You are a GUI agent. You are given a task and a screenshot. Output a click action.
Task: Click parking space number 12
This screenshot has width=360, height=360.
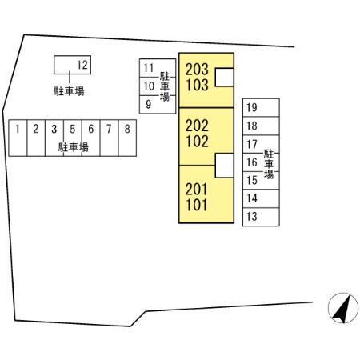tap(72, 65)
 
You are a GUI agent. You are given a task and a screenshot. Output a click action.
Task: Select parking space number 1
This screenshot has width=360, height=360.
tap(18, 138)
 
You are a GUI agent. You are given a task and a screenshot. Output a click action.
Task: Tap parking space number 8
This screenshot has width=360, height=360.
tap(127, 138)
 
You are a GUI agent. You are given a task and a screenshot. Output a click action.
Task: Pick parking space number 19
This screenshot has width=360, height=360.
tap(261, 107)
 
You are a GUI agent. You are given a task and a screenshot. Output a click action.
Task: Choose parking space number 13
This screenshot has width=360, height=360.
tap(261, 217)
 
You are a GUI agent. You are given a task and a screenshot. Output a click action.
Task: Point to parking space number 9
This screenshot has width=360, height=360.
tap(158, 104)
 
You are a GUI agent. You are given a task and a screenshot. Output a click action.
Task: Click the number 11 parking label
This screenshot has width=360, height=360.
tap(149, 68)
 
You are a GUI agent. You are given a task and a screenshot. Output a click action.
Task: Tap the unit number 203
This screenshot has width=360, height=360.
tap(197, 70)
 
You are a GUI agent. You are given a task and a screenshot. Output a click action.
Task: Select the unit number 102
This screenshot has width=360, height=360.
tap(197, 142)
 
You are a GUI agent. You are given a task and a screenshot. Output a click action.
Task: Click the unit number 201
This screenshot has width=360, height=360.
tap(196, 190)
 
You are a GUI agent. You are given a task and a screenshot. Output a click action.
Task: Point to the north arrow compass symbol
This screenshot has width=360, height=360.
tap(343, 308)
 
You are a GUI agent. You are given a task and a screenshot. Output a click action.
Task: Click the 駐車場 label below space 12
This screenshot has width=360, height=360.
tap(69, 91)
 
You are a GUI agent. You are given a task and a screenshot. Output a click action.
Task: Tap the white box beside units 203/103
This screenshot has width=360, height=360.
tap(225, 78)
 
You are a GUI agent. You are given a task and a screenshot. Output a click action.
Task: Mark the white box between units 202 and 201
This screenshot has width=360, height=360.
tap(225, 166)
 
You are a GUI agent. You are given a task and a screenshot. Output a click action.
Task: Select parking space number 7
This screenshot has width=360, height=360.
tap(109, 138)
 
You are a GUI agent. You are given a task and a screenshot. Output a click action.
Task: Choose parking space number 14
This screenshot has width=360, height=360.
tap(261, 198)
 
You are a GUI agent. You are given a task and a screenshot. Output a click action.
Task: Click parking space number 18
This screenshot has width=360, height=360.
tap(261, 126)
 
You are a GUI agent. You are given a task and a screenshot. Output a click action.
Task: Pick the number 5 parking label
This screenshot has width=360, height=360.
tap(73, 129)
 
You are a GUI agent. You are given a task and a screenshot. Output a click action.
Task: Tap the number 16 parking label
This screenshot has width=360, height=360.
tap(252, 162)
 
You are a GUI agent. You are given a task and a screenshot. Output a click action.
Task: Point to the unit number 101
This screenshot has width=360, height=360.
tap(197, 206)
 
